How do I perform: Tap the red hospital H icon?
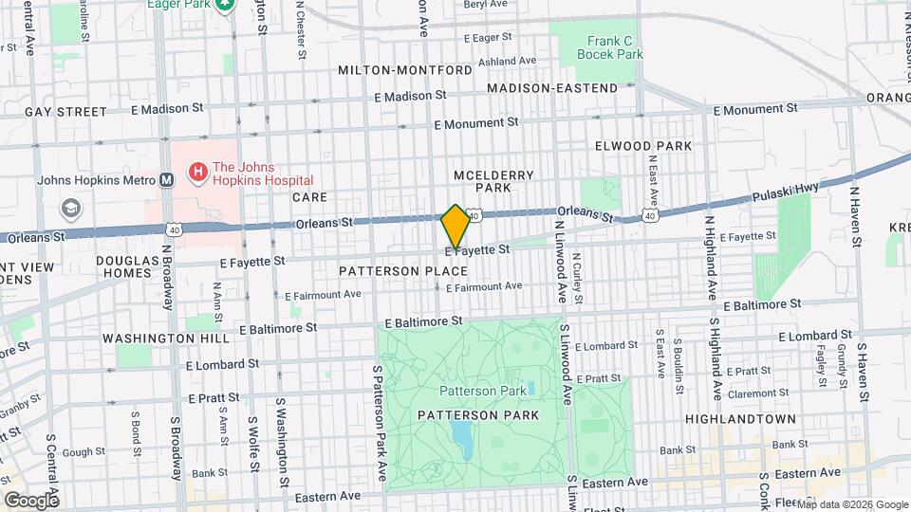(198, 172)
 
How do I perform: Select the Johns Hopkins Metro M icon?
(166, 179)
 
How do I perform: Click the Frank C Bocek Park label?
(609, 47)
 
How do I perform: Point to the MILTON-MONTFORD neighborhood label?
(405, 71)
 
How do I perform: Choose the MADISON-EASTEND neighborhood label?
(552, 88)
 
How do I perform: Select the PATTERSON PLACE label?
(403, 271)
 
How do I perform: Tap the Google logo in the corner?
(31, 500)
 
